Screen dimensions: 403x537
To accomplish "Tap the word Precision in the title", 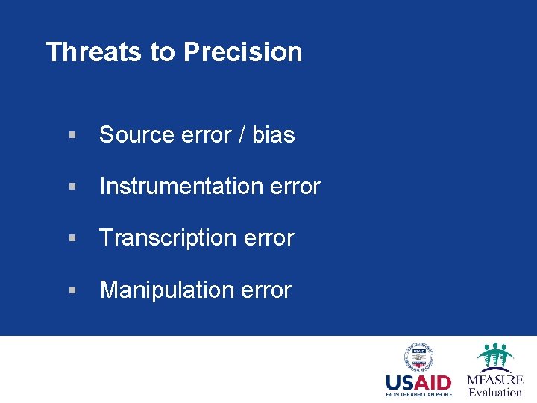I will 242,52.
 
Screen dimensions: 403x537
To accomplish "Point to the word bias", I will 273,135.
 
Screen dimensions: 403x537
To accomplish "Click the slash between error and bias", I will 242,135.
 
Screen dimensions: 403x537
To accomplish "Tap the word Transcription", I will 169,238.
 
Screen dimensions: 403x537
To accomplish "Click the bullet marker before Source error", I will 72,136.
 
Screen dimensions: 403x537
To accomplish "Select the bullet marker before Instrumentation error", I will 72,187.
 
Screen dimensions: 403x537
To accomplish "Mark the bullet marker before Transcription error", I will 72,239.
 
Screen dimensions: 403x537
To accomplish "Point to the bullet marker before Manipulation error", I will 72,290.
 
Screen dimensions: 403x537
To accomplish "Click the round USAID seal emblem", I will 418,357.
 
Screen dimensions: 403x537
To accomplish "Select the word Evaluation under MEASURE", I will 495,393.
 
